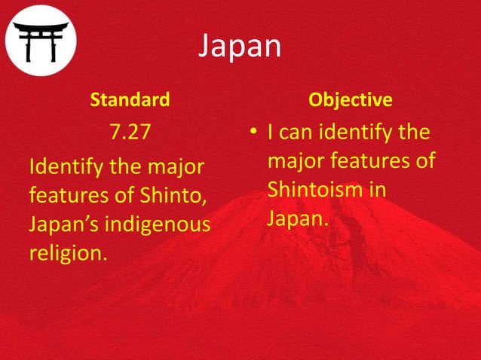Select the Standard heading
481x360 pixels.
click(130, 99)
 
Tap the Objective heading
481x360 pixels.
click(351, 99)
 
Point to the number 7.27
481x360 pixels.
click(130, 134)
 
